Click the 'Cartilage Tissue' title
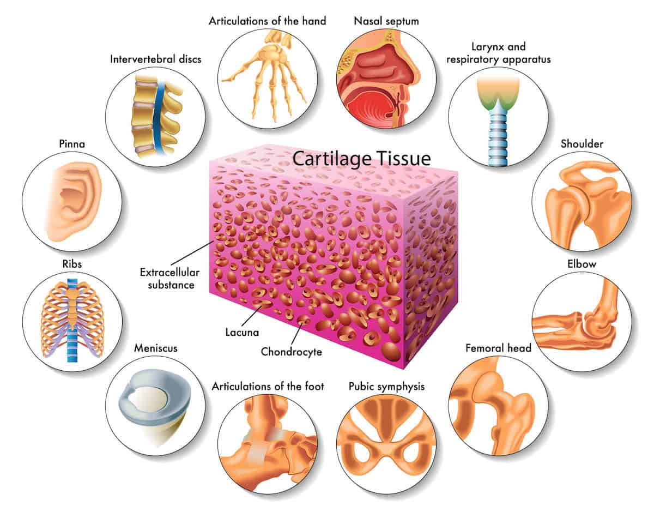click(361, 159)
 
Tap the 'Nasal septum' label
click(386, 21)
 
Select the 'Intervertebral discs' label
click(156, 59)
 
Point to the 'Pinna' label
click(72, 143)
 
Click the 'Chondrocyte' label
click(291, 352)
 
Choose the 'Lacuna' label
click(242, 332)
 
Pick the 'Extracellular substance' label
click(170, 279)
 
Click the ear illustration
click(73, 201)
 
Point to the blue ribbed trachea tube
click(498, 137)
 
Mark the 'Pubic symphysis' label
click(386, 387)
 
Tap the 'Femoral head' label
click(498, 348)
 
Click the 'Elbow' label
click(582, 264)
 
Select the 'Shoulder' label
click(582, 143)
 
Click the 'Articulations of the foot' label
click(268, 386)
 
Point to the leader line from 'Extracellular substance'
click(192, 253)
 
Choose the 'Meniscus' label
click(156, 348)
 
